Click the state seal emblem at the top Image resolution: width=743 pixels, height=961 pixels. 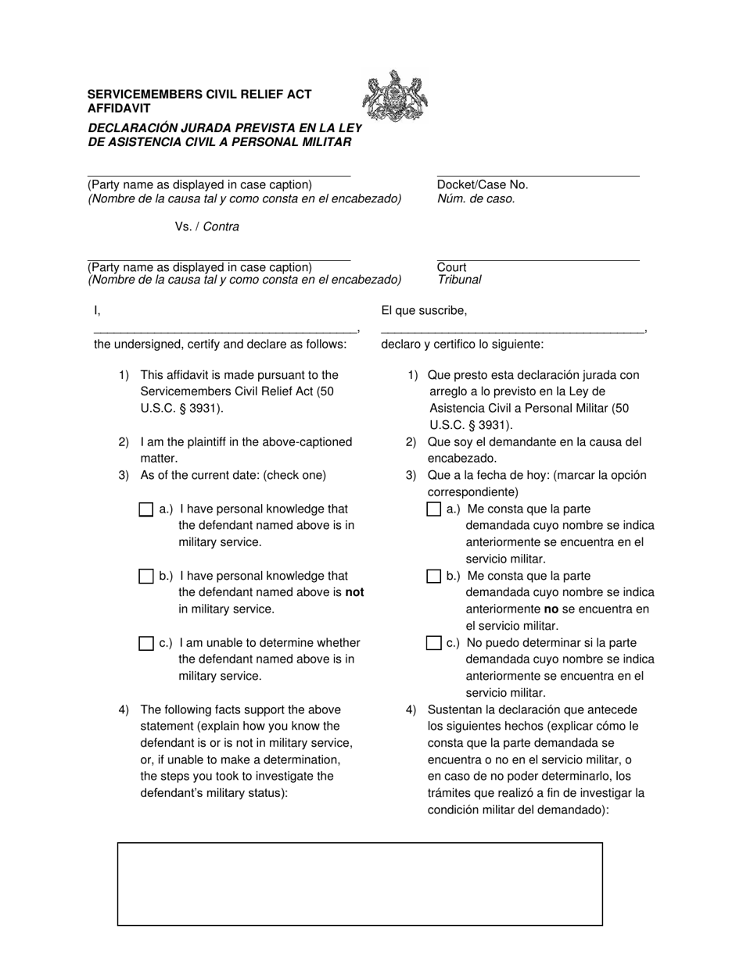(395, 96)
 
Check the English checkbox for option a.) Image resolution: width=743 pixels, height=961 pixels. (145, 509)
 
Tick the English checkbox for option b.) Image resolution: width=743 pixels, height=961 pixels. (145, 577)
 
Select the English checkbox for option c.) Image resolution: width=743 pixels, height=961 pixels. (145, 643)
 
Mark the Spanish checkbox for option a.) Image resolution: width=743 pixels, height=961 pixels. (434, 509)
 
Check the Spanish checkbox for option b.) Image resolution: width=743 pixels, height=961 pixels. (434, 577)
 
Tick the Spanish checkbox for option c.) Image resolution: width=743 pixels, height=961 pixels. (434, 643)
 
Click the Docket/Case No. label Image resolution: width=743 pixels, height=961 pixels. (483, 185)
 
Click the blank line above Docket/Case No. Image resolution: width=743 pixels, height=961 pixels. (538, 175)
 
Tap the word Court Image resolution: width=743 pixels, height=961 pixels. (451, 267)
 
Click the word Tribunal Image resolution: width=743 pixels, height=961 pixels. (459, 280)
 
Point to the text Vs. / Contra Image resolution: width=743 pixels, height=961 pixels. (206, 227)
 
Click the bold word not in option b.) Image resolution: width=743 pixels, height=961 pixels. (354, 592)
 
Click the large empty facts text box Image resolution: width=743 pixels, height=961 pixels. (360, 884)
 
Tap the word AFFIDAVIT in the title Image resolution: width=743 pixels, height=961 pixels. (119, 109)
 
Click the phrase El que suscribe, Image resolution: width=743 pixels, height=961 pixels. (424, 311)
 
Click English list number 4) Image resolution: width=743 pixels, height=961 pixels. (124, 710)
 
